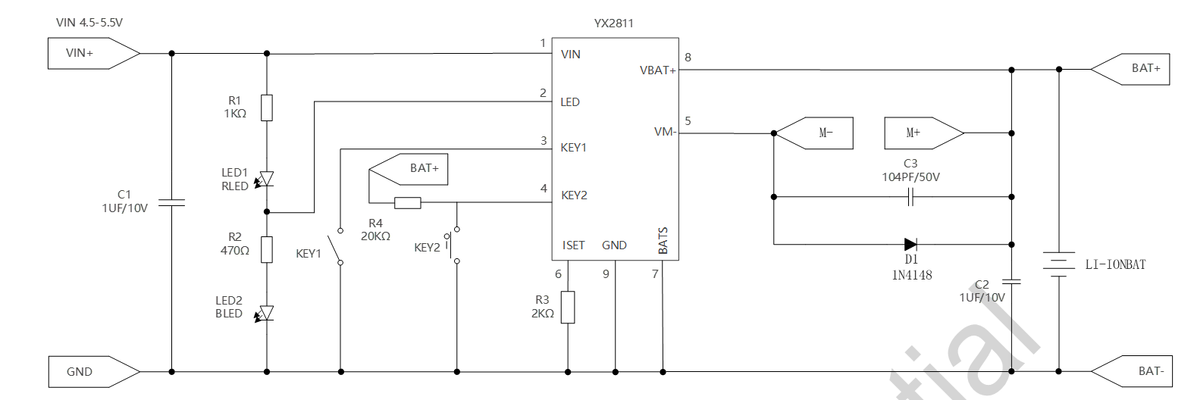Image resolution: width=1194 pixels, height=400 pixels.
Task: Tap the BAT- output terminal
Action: pyautogui.click(x=1133, y=371)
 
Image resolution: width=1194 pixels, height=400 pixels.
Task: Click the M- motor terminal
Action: pyautogui.click(x=815, y=133)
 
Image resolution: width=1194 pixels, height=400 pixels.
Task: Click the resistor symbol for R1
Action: pyautogui.click(x=267, y=108)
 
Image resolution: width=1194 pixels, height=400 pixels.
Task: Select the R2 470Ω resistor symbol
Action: pyautogui.click(x=267, y=249)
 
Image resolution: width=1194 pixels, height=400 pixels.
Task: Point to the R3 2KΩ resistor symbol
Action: pyautogui.click(x=568, y=307)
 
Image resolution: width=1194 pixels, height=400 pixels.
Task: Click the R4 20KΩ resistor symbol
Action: pyautogui.click(x=408, y=202)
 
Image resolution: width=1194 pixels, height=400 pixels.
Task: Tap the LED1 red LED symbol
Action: pyautogui.click(x=266, y=179)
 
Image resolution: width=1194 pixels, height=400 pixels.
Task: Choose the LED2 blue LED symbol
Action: pyautogui.click(x=266, y=313)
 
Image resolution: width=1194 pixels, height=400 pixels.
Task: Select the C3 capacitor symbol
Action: pyautogui.click(x=911, y=198)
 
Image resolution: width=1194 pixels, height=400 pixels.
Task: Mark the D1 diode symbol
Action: pyautogui.click(x=910, y=244)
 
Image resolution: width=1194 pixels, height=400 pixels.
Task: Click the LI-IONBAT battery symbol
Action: pyautogui.click(x=1059, y=264)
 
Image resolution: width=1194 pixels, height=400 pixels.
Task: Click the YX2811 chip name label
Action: pyautogui.click(x=613, y=23)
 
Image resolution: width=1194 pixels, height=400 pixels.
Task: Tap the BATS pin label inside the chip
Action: pyautogui.click(x=663, y=240)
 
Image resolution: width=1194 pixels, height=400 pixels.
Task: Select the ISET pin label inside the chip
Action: pyautogui.click(x=573, y=245)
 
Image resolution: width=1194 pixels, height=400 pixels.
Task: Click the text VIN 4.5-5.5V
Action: pyautogui.click(x=89, y=23)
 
